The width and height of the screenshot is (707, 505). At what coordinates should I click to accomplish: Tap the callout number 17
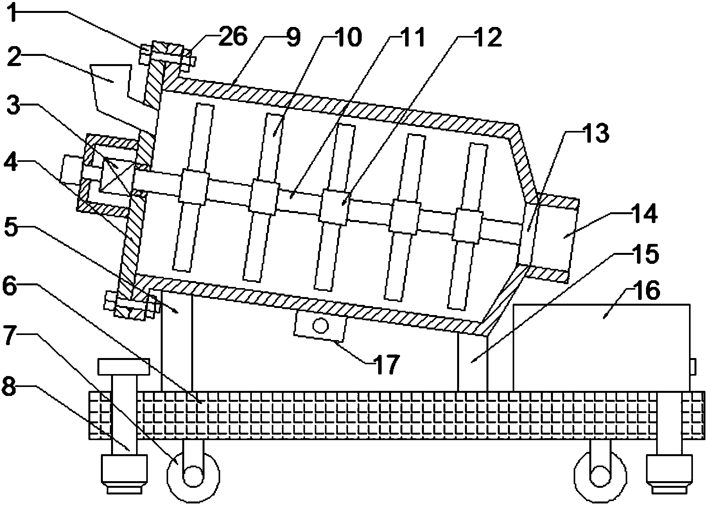pyautogui.click(x=386, y=364)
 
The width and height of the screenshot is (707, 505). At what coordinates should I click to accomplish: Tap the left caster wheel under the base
pyautogui.click(x=193, y=474)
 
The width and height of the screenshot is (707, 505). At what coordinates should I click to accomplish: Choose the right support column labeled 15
pyautogui.click(x=472, y=362)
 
